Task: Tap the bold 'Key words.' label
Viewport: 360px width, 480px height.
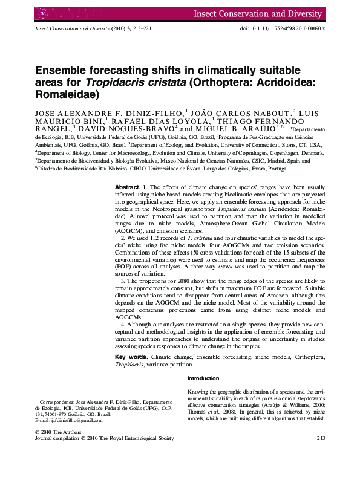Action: tap(131, 358)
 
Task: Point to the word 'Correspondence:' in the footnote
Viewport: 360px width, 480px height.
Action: tap(56, 402)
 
